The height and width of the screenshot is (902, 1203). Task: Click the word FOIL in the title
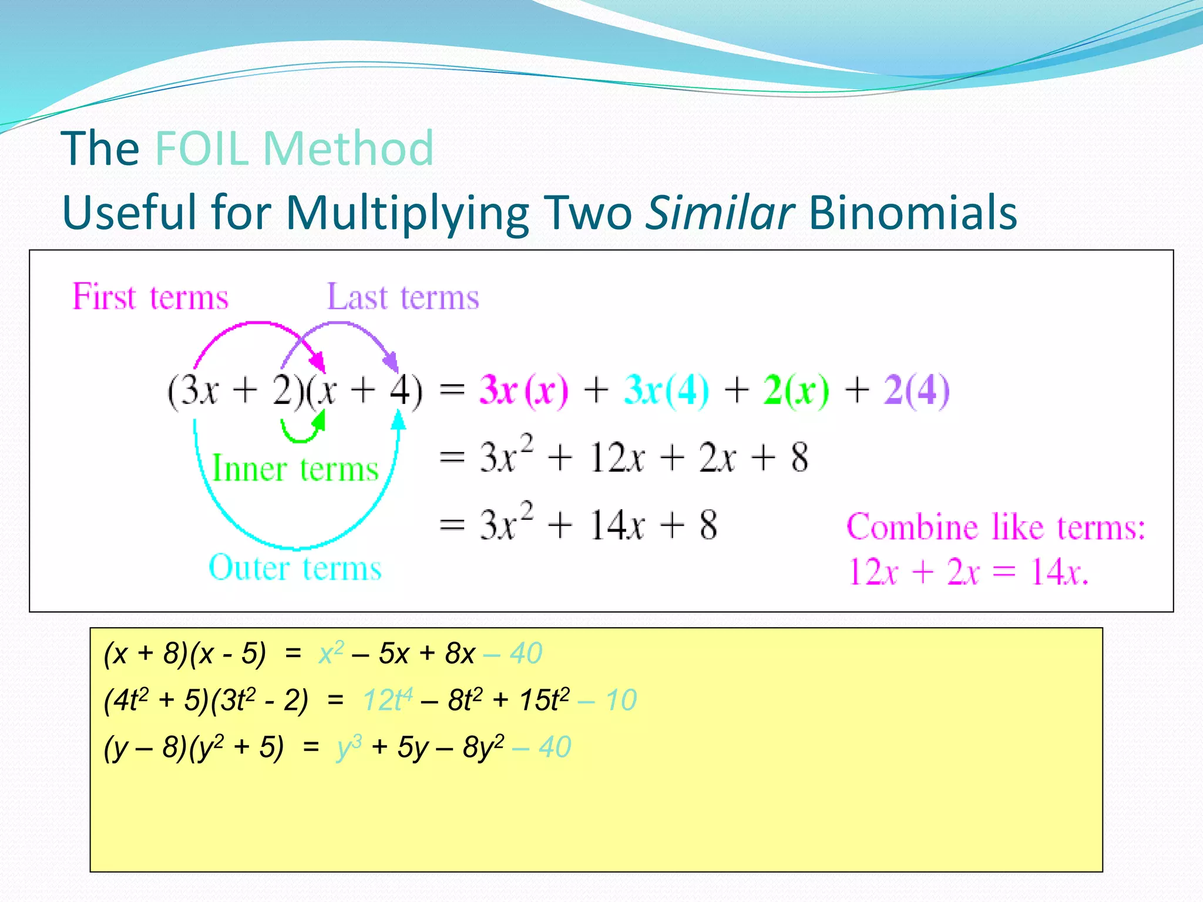pos(202,149)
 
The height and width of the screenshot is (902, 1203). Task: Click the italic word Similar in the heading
pos(720,212)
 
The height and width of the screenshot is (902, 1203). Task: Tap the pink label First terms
pos(150,297)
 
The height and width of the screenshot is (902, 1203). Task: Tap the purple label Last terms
pos(403,297)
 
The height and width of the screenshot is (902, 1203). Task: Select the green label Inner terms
pos(295,469)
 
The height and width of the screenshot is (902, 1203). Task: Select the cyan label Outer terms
pos(295,568)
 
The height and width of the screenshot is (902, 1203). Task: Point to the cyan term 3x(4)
pos(666,390)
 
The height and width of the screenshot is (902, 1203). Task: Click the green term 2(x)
pos(797,390)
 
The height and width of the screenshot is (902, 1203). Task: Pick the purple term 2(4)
pos(916,390)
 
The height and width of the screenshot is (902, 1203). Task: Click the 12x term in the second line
pos(617,458)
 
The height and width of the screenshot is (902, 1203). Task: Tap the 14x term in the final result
pos(617,524)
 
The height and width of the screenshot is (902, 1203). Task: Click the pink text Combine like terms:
pos(996,527)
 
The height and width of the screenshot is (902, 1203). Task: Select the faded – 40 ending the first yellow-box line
pos(513,653)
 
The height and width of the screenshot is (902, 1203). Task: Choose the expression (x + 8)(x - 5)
pos(184,653)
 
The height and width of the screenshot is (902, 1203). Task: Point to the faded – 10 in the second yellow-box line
pos(607,700)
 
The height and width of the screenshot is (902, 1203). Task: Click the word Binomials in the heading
pos(913,212)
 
